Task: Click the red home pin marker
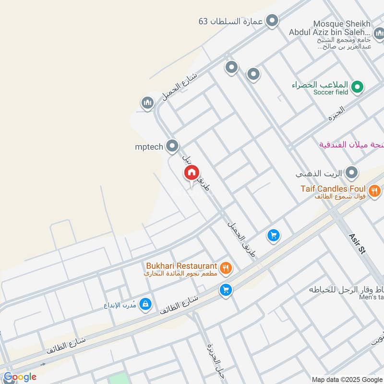[191, 173]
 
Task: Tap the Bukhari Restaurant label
[182, 265]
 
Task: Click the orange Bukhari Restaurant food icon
[226, 267]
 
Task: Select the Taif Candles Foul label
[333, 189]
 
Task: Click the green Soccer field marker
[356, 87]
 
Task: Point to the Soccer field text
[331, 92]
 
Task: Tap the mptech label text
[149, 146]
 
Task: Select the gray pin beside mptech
[172, 146]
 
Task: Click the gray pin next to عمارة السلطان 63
[272, 21]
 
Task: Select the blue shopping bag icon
[146, 304]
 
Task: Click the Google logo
[20, 377]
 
